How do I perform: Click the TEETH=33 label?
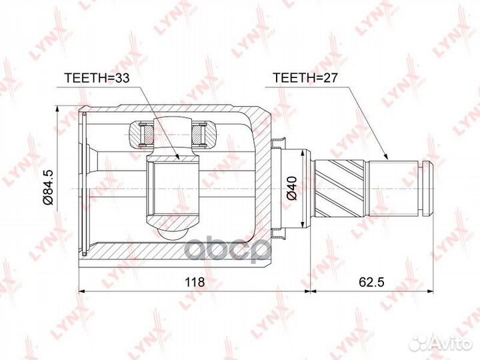coord(96,77)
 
